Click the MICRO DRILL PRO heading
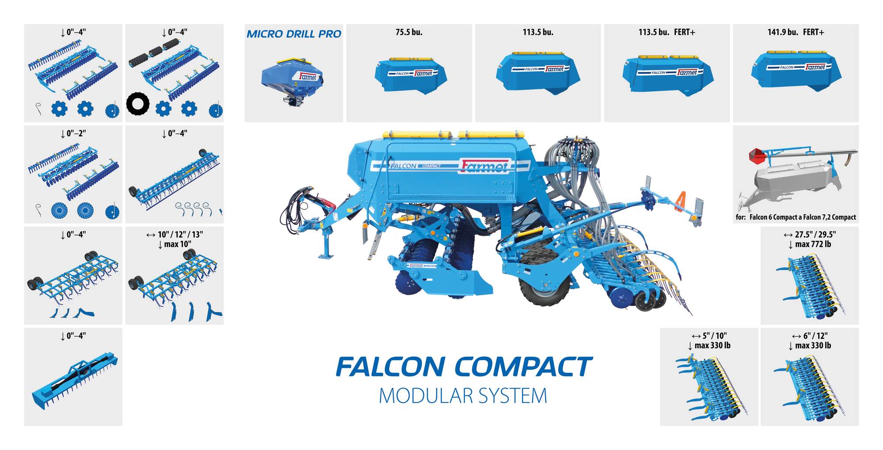tap(294, 34)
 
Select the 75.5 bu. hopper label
tap(409, 32)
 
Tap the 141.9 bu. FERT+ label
tap(796, 32)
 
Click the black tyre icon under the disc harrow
tap(138, 104)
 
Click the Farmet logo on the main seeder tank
tap(485, 166)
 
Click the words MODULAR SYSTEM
tap(463, 396)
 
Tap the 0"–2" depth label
tap(73, 133)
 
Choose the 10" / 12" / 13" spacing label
tap(174, 234)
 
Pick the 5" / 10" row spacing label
tap(709, 336)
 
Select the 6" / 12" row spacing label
tap(810, 336)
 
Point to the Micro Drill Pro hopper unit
tap(292, 82)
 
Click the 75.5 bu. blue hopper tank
tap(410, 75)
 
